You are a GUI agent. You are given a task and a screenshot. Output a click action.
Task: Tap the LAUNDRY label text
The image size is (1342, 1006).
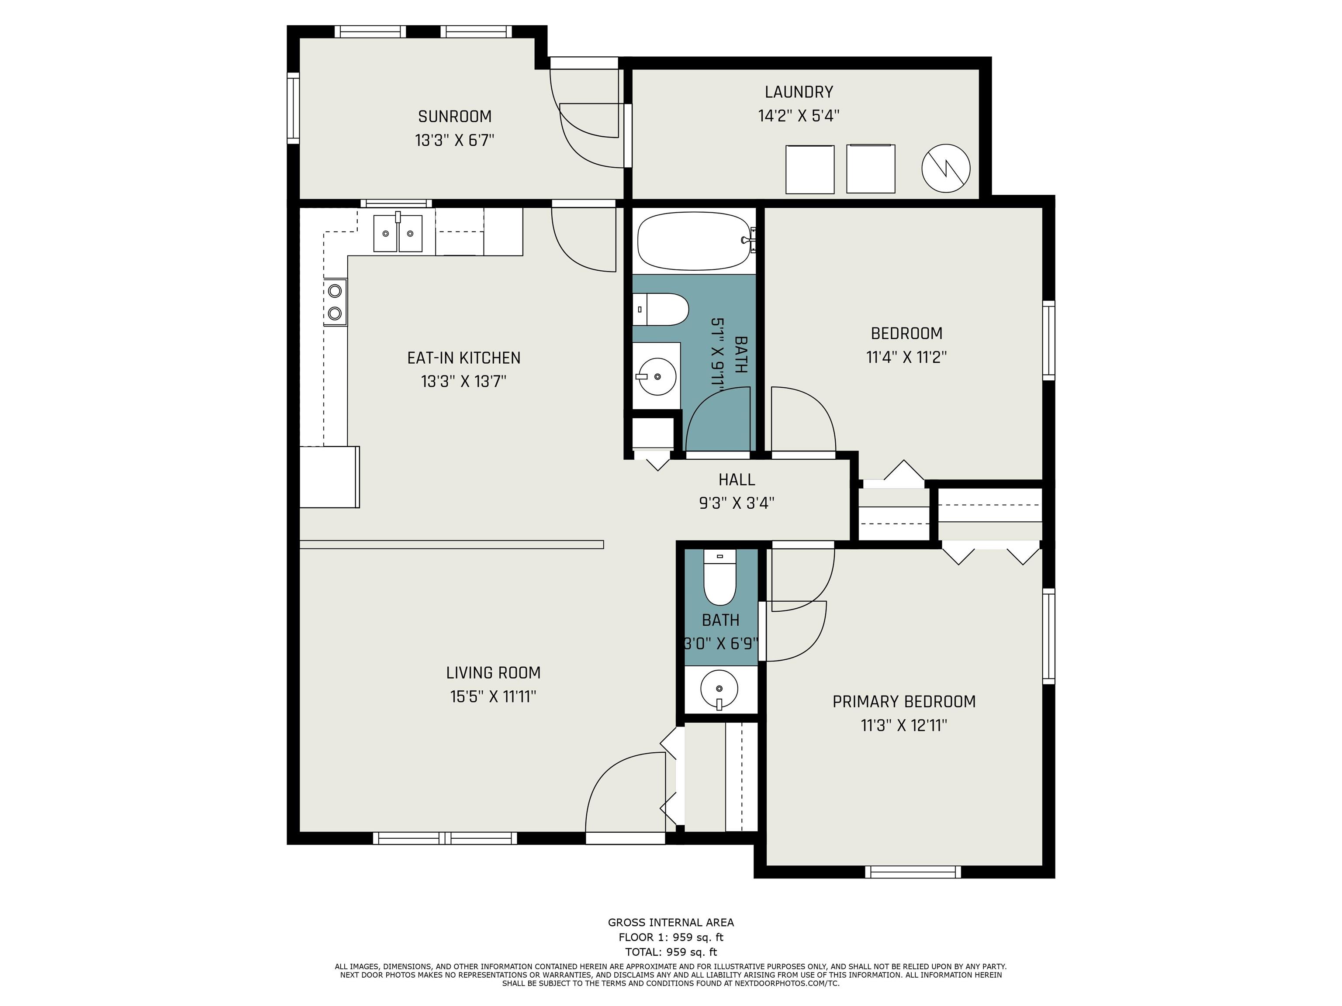(x=799, y=92)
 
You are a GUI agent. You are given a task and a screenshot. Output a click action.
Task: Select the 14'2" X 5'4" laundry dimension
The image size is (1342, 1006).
(x=799, y=116)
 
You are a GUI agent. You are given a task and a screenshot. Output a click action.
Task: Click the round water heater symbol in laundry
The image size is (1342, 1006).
(x=945, y=169)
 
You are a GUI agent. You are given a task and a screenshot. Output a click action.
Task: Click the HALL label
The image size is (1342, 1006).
(x=737, y=480)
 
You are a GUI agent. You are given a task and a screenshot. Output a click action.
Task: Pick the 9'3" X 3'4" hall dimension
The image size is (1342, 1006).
(x=737, y=503)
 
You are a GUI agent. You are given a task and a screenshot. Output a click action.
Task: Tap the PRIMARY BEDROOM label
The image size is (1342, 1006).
(x=904, y=702)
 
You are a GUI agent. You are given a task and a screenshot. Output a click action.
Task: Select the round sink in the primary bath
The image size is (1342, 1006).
(x=719, y=689)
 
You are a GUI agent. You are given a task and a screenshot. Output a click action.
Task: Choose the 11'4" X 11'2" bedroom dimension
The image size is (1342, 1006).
(x=906, y=357)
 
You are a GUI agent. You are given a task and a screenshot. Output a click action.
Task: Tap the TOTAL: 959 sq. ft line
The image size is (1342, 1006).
(x=671, y=951)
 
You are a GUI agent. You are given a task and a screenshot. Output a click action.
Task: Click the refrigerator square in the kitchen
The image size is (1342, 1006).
(x=329, y=477)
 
